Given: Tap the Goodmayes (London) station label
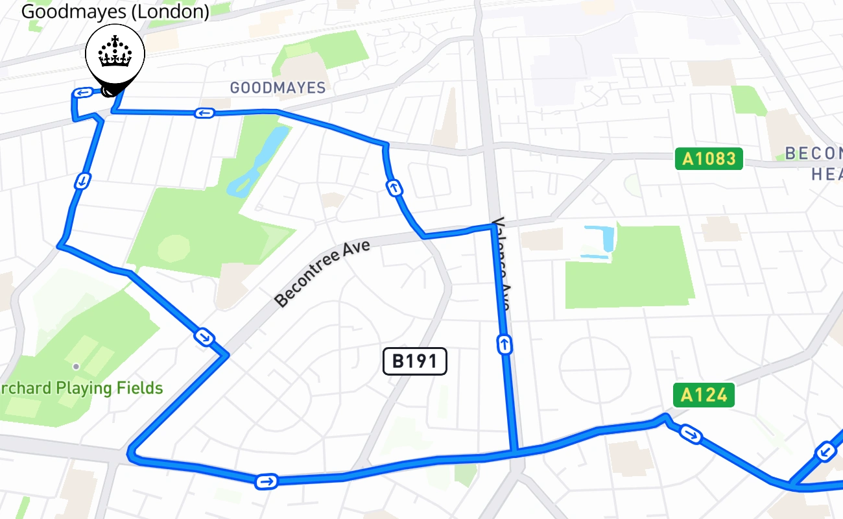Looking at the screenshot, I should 115,11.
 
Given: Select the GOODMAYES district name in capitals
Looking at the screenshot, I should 278,88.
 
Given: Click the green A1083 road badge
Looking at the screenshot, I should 709,158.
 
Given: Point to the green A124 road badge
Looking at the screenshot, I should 704,394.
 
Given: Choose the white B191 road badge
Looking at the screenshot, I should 415,361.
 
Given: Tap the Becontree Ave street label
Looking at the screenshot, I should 322,273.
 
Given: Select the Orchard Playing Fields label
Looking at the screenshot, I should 82,389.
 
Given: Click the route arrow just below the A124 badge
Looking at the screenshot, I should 691,434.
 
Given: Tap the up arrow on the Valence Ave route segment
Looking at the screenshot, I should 505,344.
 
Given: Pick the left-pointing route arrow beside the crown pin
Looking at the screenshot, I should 82,93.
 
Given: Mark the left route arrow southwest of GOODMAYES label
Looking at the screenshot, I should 204,114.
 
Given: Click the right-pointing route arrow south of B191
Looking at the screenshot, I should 267,481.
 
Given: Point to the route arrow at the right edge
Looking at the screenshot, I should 825,451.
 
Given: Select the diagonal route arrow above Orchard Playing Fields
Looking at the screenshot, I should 204,337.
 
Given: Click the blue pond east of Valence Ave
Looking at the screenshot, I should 600,243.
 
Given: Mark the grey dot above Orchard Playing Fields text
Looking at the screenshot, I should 76,367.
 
